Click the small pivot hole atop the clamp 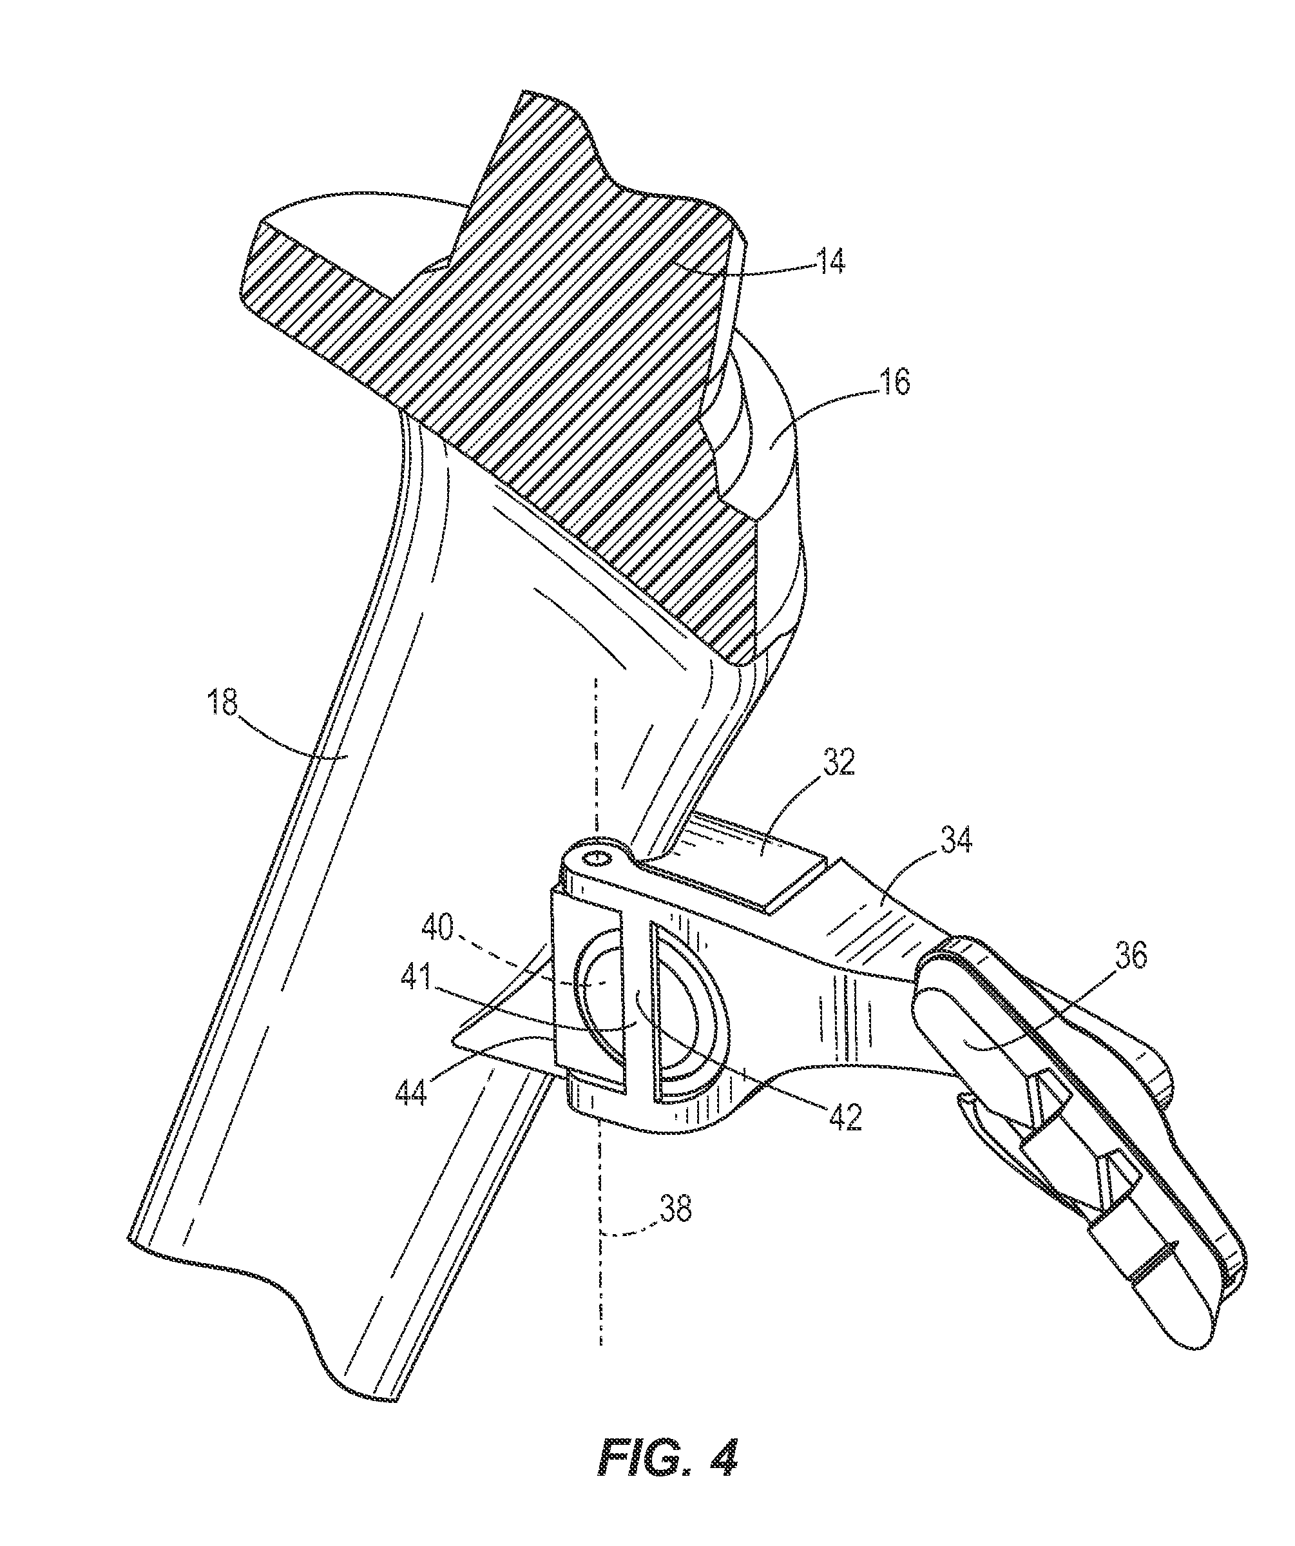point(597,858)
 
